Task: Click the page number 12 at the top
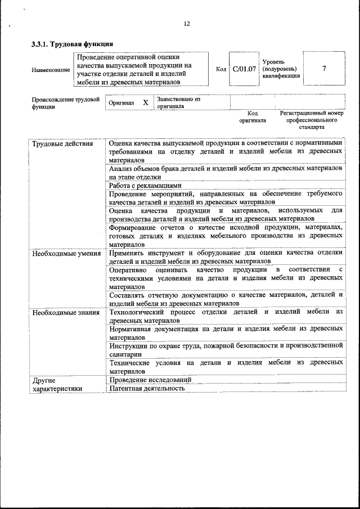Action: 187,24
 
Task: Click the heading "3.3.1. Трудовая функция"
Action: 73,44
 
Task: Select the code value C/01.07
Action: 244,69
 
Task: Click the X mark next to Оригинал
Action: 145,103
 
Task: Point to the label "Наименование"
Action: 51,70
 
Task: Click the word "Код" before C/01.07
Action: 221,69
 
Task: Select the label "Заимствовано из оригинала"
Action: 179,102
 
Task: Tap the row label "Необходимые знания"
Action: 66,312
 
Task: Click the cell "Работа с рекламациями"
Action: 145,186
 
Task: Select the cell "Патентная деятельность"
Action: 147,388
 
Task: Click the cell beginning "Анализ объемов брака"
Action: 225,173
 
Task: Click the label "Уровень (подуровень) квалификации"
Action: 281,69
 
